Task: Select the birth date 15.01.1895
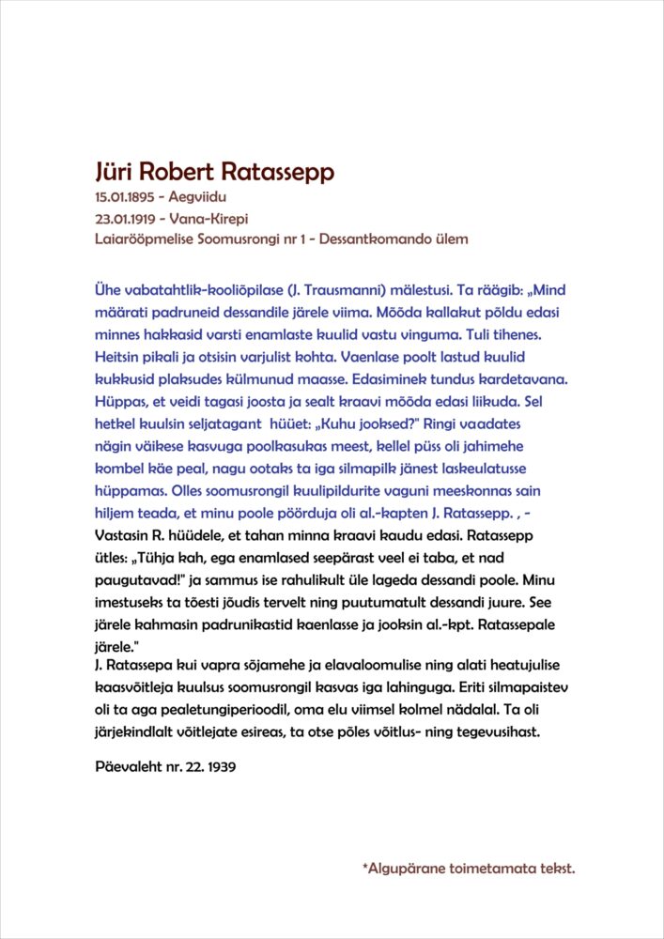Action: (127, 198)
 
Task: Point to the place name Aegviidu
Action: (198, 198)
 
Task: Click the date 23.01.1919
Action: (127, 218)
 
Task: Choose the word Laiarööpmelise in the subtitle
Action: (145, 239)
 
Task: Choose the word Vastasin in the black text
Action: (124, 535)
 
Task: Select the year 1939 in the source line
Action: (217, 767)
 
